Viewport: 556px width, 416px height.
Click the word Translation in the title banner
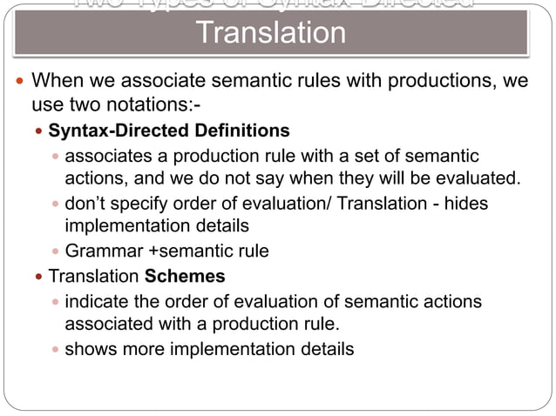[x=271, y=34]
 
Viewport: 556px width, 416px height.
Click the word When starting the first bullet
[x=58, y=83]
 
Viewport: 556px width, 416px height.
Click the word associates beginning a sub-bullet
[x=107, y=157]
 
